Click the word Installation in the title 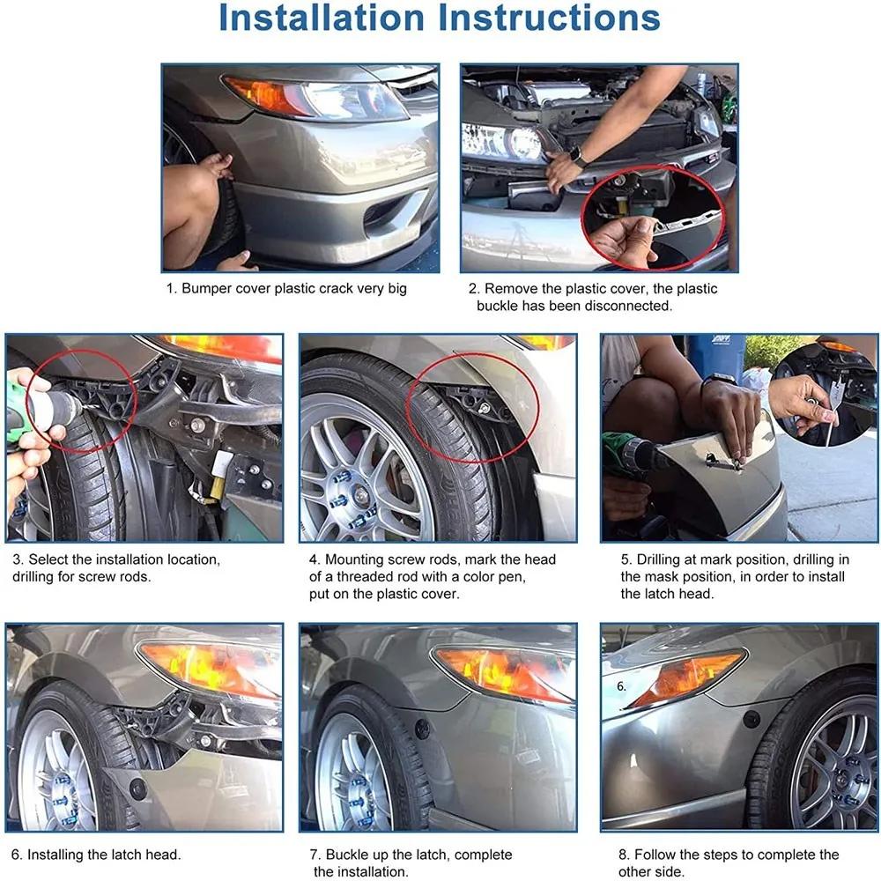[x=322, y=18]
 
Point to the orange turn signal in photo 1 [x=264, y=95]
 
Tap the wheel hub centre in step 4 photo [x=359, y=494]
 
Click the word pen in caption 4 [x=514, y=578]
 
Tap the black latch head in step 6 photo [x=137, y=788]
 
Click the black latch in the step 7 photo [x=423, y=729]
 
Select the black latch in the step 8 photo [x=751, y=719]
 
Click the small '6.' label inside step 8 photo [x=621, y=686]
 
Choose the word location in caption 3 [x=189, y=560]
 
